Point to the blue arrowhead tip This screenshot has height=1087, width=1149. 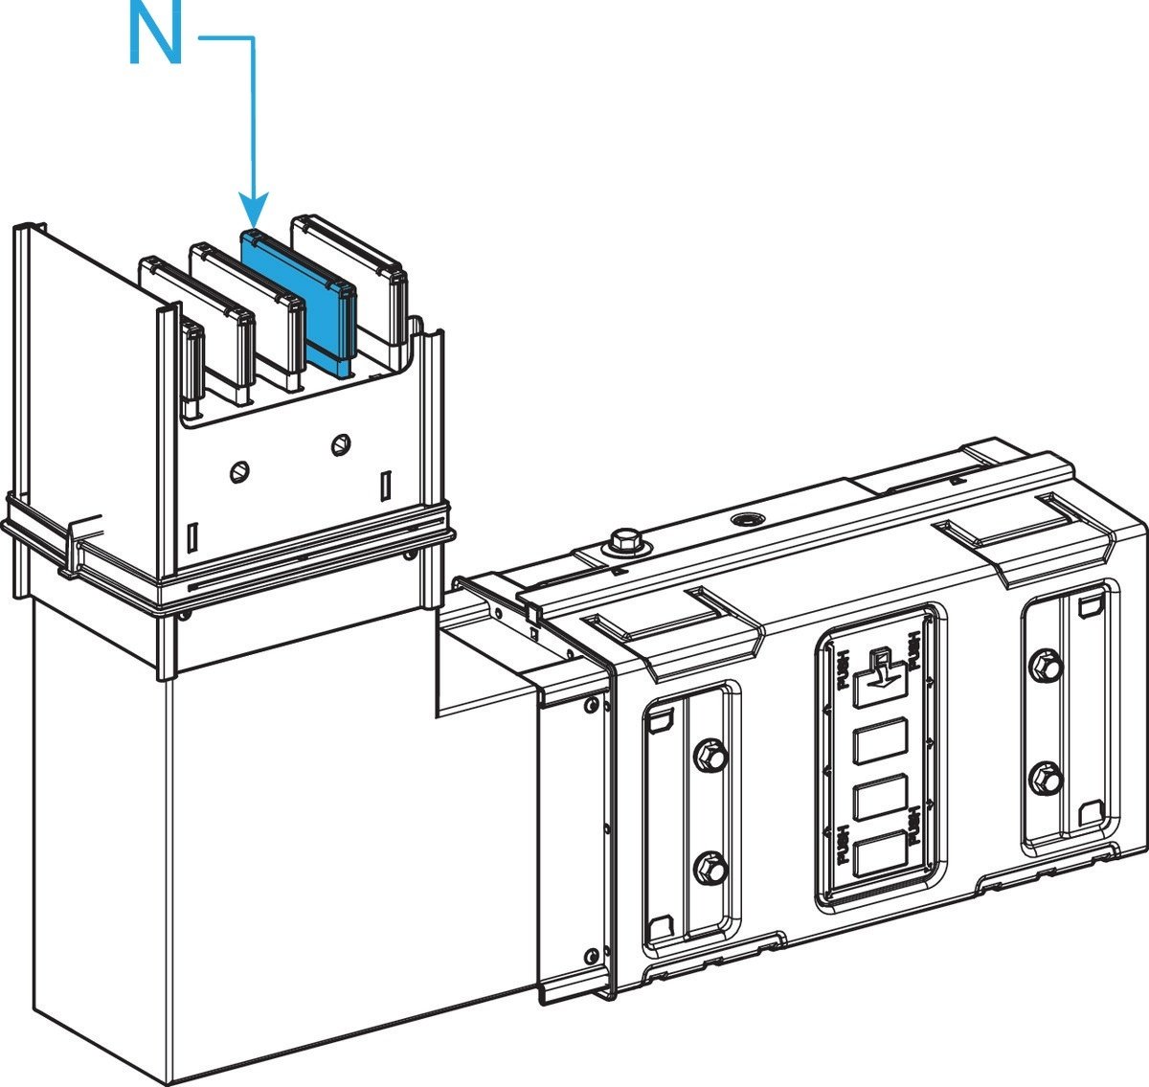point(254,222)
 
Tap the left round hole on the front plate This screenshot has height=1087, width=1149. point(240,470)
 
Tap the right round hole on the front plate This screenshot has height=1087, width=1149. point(340,443)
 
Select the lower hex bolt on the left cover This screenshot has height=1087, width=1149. point(710,870)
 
